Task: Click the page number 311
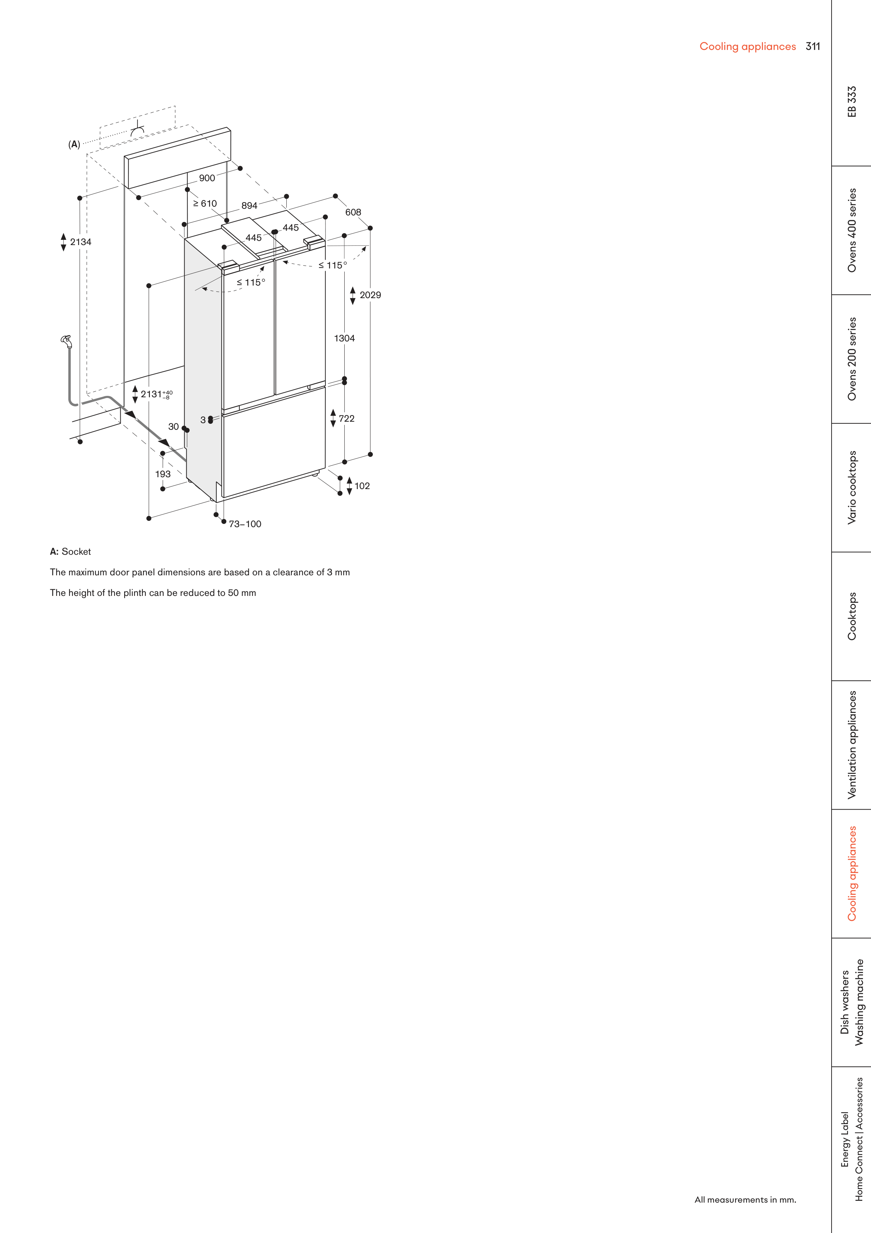(812, 47)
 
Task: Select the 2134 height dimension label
(81, 242)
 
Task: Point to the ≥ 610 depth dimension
(205, 204)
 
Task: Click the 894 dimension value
(249, 206)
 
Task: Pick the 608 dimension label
(353, 213)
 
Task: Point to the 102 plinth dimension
(362, 486)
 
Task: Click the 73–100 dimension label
(245, 524)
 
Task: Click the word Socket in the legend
(76, 552)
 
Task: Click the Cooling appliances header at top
(747, 47)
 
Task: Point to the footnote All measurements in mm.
(745, 1199)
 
